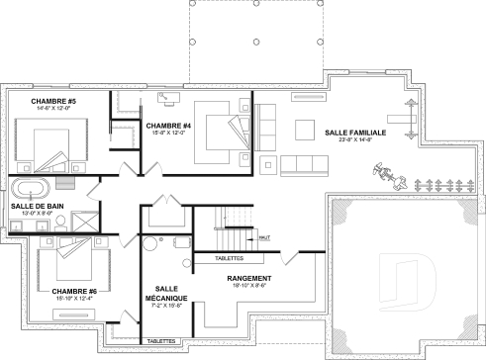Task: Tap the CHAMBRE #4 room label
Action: pos(167,127)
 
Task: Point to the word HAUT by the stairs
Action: pos(264,238)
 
